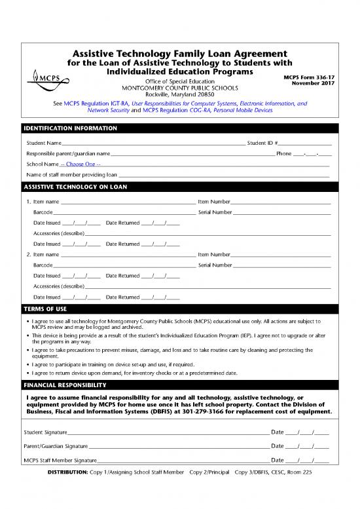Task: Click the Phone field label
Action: [x=283, y=153]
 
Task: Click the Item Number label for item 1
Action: [x=213, y=202]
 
